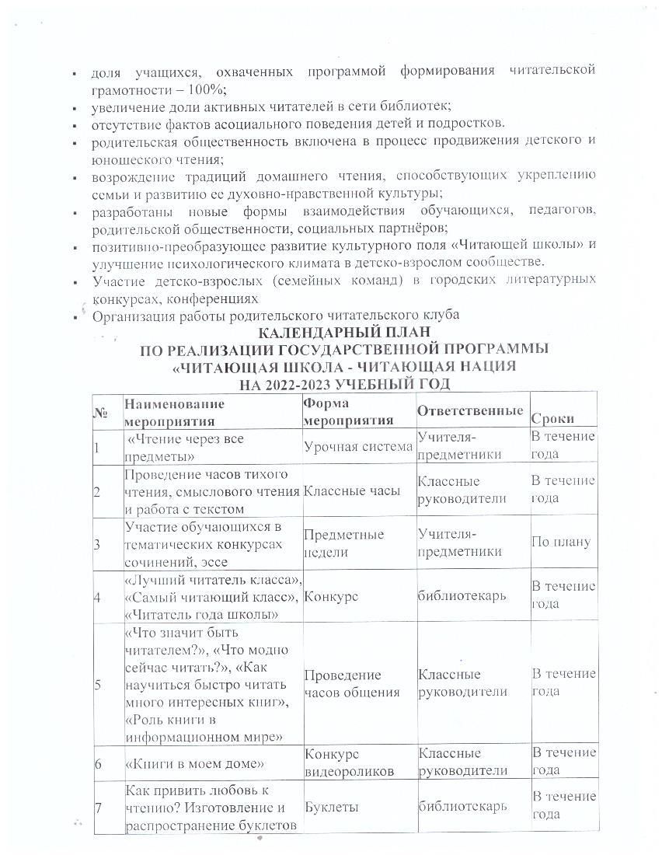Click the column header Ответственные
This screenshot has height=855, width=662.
click(x=469, y=410)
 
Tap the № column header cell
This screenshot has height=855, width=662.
click(x=100, y=413)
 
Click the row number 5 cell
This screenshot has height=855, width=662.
click(x=98, y=684)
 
